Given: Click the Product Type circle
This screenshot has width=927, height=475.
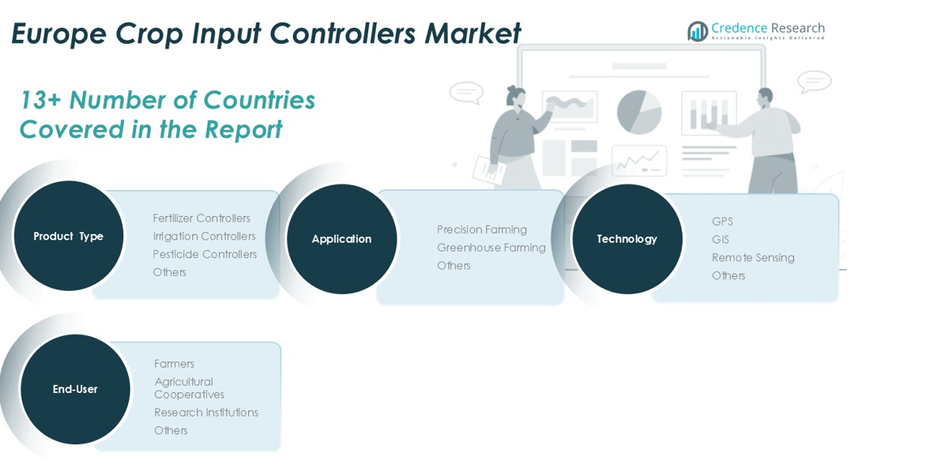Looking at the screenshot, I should [69, 236].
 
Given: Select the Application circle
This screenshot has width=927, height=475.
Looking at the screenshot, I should [341, 239].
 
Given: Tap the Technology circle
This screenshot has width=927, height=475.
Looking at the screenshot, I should [627, 239].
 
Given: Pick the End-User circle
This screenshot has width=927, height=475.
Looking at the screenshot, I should [75, 389].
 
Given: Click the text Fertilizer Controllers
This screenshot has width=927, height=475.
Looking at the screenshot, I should [201, 218].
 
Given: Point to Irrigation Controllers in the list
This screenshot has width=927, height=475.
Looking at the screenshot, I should [204, 236].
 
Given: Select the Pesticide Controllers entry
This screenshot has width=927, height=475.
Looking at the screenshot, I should [204, 254].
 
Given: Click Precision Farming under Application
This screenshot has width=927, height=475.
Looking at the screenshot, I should [482, 230].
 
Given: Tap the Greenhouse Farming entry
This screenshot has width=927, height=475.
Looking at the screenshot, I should [491, 248].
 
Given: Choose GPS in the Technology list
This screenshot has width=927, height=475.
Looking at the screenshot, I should [722, 222].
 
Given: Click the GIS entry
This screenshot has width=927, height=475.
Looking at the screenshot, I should [720, 240].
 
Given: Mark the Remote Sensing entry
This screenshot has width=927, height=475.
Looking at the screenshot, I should [753, 257].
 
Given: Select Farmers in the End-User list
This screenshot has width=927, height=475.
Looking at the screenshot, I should [174, 364].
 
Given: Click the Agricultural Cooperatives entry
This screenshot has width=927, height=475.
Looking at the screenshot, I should [189, 388].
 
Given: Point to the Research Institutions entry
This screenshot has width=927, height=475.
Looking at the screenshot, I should [206, 412].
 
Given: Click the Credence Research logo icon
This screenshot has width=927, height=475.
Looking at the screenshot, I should [697, 31].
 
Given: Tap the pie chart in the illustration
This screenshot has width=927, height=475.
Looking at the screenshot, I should [639, 112].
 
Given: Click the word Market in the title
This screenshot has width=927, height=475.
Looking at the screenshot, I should [472, 34].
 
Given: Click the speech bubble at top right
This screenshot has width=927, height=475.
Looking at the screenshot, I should [813, 81].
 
